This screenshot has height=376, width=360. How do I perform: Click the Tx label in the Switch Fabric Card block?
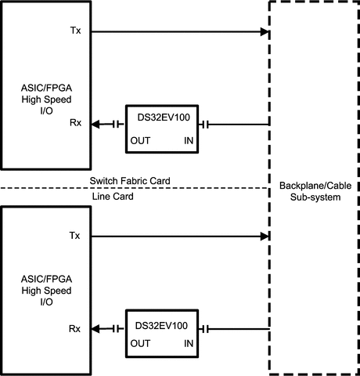click(x=75, y=31)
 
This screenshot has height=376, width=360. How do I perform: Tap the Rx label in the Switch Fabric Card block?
click(x=75, y=122)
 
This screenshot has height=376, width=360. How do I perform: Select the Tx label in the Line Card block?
click(x=74, y=236)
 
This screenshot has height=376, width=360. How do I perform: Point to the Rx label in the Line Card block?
click(x=74, y=329)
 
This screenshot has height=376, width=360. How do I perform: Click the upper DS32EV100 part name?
click(x=164, y=117)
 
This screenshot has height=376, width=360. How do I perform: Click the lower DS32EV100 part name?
click(x=161, y=326)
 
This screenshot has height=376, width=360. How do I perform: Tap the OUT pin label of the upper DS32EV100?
click(x=140, y=140)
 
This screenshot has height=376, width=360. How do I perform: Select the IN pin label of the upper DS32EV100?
click(x=189, y=140)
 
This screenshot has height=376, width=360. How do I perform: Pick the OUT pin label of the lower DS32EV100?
click(x=140, y=343)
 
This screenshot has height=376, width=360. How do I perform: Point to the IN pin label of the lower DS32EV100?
click(x=189, y=343)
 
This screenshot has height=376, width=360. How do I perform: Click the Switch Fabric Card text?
click(x=130, y=181)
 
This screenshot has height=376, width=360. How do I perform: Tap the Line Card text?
click(x=113, y=197)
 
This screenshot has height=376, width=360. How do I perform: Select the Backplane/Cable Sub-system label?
click(x=315, y=191)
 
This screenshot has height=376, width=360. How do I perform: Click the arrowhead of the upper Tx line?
click(x=265, y=32)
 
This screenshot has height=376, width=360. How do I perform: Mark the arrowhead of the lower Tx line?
click(x=265, y=237)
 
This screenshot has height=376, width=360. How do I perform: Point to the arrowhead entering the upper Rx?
click(x=95, y=125)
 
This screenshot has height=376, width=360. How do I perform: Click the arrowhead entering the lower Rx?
click(x=95, y=329)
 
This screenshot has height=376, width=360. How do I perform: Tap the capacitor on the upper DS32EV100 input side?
click(x=205, y=125)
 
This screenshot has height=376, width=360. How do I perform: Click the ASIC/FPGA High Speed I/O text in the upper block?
click(x=46, y=99)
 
